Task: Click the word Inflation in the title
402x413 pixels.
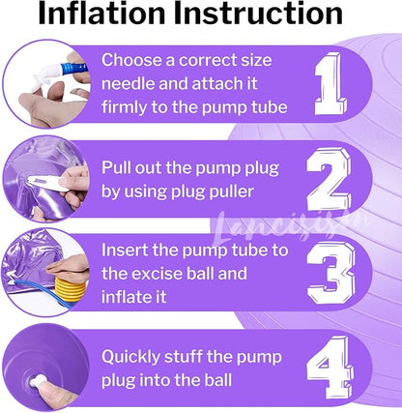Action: [101, 14]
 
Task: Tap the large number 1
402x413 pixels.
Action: [330, 84]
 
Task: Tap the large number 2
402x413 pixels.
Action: [329, 180]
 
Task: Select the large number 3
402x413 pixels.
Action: [330, 273]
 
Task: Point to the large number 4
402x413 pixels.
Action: [330, 368]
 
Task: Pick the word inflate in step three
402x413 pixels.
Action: [123, 297]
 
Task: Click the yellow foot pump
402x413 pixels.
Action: [71, 288]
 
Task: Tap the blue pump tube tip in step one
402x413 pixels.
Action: [73, 69]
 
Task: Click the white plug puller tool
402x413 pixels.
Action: [46, 183]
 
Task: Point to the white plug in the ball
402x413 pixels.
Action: [38, 383]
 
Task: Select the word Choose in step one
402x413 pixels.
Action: [131, 60]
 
